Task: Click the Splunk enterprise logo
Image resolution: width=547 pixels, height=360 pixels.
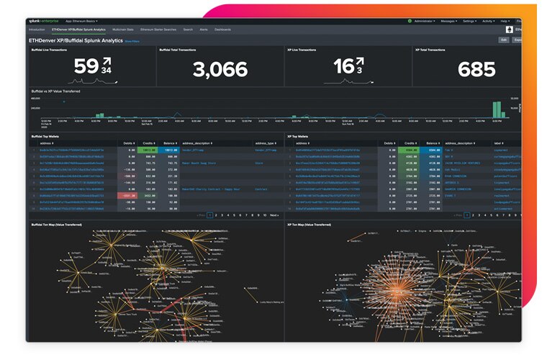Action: point(45,22)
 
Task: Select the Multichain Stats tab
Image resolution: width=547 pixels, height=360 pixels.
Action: point(125,30)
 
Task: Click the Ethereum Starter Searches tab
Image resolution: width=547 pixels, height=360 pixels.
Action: point(158,30)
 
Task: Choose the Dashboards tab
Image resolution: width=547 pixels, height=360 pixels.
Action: point(223,30)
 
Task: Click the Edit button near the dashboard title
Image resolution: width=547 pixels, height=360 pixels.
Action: point(503,40)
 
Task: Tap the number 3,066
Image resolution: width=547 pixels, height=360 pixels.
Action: point(220,69)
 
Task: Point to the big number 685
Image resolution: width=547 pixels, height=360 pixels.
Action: point(476,69)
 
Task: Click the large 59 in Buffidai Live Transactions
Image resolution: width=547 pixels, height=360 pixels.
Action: point(85,67)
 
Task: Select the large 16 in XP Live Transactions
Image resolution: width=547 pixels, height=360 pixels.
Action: point(342,67)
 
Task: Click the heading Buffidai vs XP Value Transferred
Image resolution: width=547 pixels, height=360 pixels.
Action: point(55,91)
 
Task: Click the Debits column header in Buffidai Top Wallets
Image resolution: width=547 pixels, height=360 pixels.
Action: point(128,143)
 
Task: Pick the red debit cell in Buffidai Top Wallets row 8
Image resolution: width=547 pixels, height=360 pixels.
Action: point(127,195)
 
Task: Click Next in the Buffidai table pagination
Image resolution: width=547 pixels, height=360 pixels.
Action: point(273,215)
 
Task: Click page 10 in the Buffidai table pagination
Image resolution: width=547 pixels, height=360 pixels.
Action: point(264,215)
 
